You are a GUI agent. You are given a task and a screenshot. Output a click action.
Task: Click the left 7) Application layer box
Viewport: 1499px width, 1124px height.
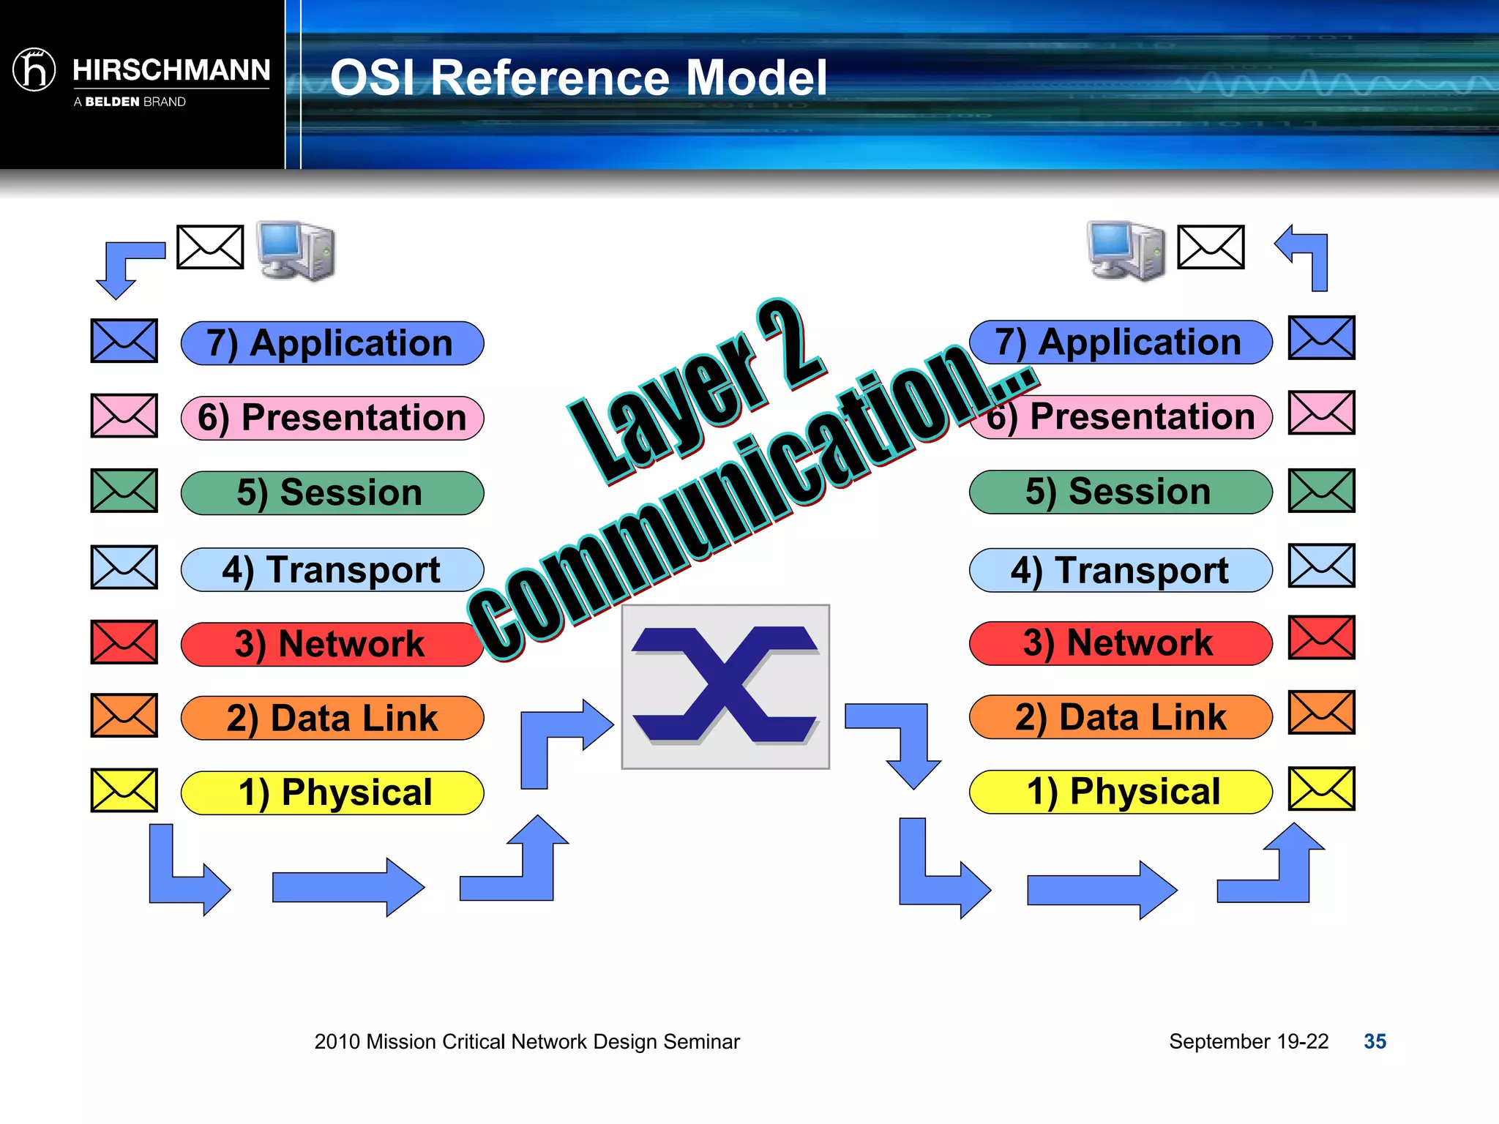(332, 343)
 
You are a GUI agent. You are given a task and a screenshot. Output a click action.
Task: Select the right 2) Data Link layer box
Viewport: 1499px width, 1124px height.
(1120, 717)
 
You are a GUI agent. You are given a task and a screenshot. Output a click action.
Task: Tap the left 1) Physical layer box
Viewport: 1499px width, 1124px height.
(332, 793)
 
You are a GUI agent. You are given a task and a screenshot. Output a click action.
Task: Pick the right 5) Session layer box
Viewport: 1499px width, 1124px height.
(1120, 492)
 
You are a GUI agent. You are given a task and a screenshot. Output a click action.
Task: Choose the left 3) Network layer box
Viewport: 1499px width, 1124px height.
(332, 644)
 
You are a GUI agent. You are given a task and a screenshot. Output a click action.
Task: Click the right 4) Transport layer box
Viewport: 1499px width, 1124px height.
(1120, 570)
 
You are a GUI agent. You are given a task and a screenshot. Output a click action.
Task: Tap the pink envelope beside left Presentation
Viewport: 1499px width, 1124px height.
(124, 416)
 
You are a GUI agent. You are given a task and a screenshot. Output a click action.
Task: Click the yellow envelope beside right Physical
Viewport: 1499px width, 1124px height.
(1321, 789)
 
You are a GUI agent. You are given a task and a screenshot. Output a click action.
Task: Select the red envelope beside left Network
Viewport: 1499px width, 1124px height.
(124, 642)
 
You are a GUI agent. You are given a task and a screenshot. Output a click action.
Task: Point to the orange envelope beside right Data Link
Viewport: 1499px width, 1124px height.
(1321, 712)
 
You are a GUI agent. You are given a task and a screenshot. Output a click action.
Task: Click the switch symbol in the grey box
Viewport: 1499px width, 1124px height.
(725, 686)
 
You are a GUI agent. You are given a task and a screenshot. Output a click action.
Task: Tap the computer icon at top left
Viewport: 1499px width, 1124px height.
(296, 250)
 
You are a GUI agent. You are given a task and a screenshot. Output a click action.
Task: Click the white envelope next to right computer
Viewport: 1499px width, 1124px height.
(1211, 247)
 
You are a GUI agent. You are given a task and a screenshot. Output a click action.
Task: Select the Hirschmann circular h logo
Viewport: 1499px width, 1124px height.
(34, 70)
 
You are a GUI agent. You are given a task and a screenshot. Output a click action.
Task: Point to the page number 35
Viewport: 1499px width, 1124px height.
(1375, 1041)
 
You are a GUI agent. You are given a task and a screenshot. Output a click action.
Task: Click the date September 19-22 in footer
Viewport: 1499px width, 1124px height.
(1248, 1041)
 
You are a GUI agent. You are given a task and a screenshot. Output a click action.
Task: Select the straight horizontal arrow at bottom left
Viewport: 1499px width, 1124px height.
(348, 887)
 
